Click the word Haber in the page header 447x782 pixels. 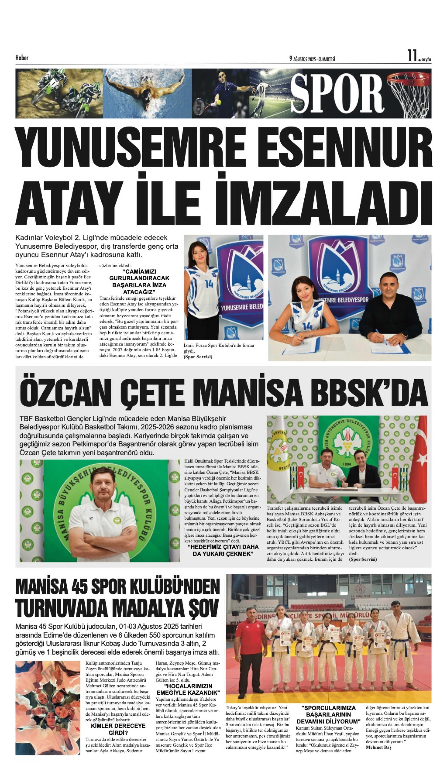point(22,58)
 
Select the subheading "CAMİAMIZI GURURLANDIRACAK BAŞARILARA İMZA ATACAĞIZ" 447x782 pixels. point(139,282)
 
